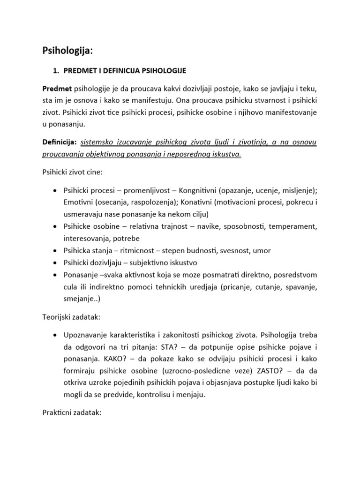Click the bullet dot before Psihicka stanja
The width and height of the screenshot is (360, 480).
(56, 251)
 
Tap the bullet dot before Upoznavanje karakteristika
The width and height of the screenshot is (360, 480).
(56, 335)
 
